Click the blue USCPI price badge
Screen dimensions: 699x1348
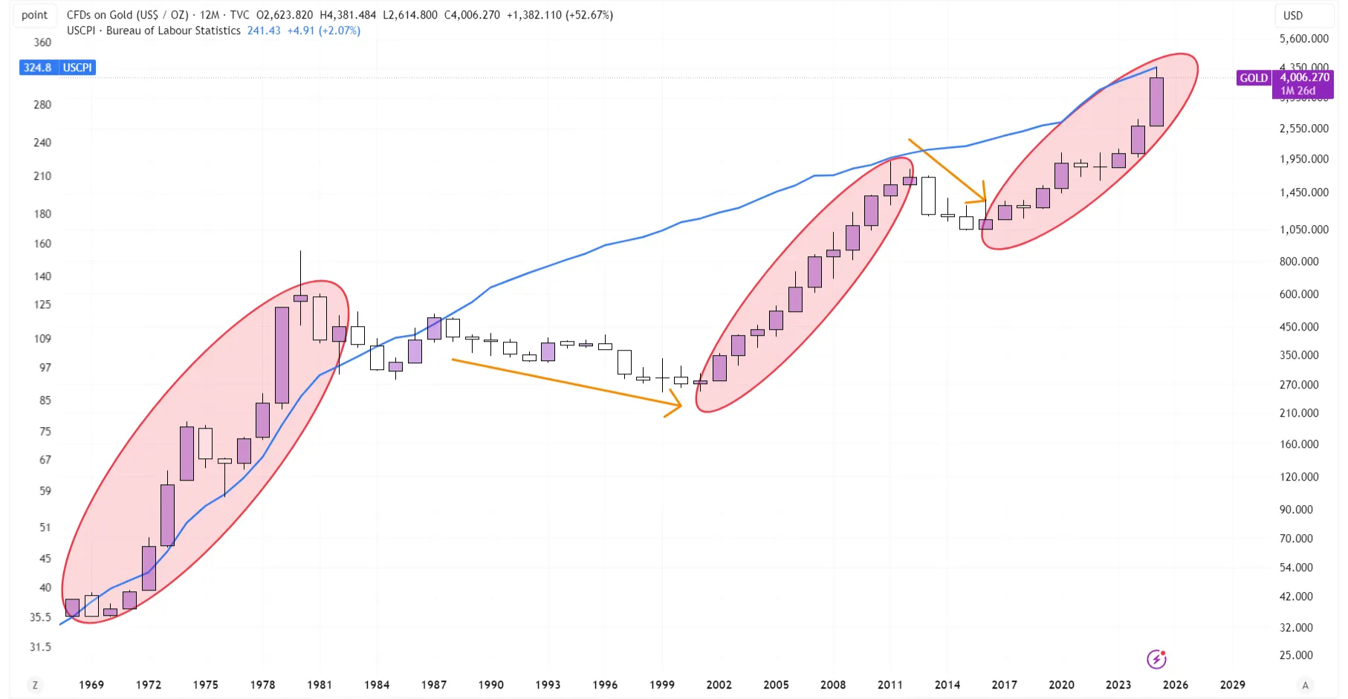click(57, 68)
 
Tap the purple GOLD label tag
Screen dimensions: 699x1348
click(1254, 78)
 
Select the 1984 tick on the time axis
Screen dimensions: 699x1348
click(377, 684)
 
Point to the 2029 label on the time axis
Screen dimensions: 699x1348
click(1232, 684)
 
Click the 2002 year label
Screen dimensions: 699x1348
click(719, 684)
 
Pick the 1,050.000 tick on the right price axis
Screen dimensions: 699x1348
click(1303, 230)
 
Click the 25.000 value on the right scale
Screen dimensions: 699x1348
click(1296, 655)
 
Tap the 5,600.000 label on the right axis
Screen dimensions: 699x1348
click(1303, 39)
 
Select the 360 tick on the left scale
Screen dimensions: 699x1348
click(42, 42)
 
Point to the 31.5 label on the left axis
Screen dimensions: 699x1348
click(40, 647)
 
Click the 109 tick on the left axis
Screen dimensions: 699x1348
click(42, 339)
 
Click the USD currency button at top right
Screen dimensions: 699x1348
click(1293, 16)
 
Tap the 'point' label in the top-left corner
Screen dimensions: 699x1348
click(34, 15)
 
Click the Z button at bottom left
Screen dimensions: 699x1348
click(35, 685)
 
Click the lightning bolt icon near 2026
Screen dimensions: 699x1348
click(1156, 659)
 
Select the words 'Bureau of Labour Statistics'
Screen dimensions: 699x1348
click(173, 30)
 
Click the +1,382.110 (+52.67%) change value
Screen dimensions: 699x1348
click(560, 15)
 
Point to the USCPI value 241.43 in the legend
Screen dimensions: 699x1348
click(264, 30)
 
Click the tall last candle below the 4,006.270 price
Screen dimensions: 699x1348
click(1156, 102)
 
